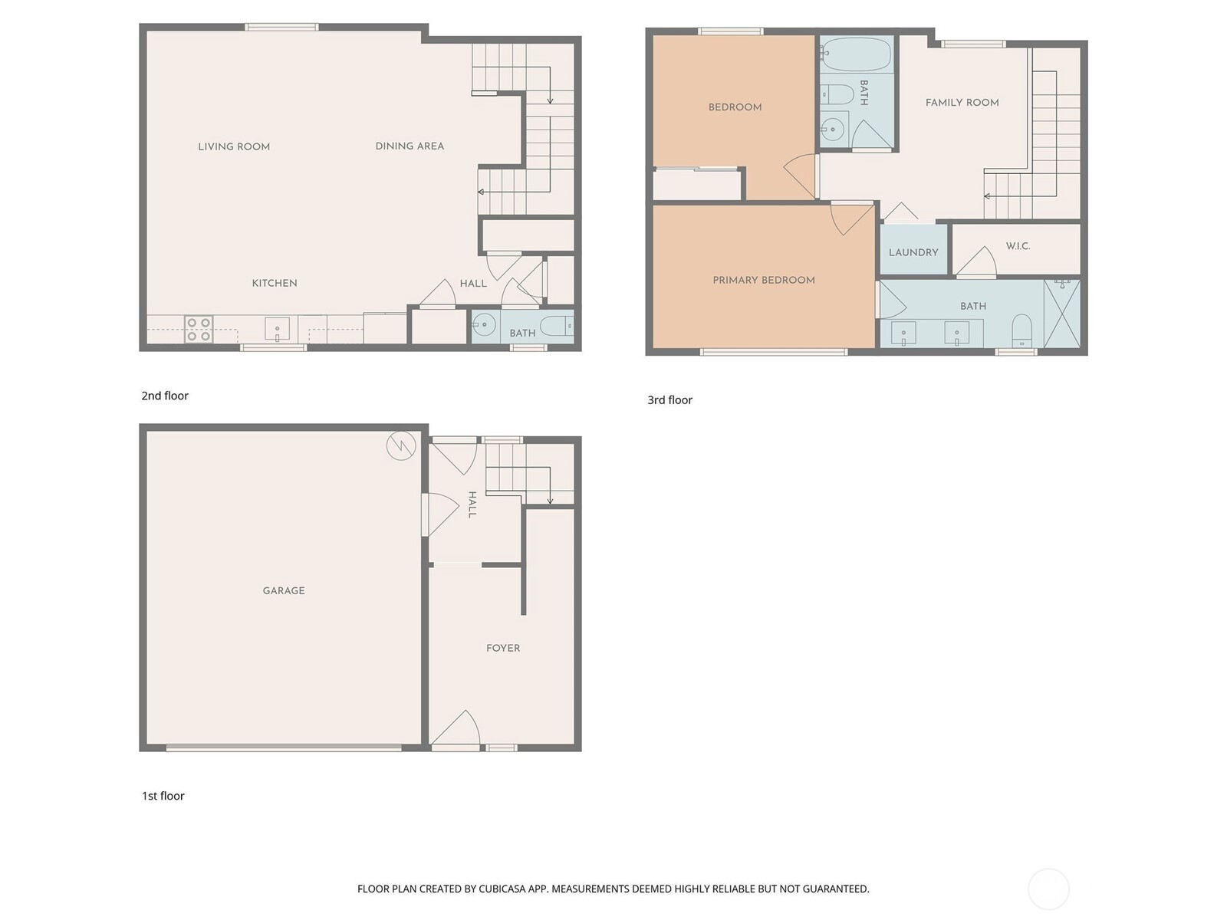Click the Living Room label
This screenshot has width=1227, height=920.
pos(234,146)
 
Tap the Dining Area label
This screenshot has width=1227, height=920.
pos(410,146)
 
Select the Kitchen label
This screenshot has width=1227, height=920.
pos(275,283)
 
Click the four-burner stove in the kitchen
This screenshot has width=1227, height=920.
pos(199,329)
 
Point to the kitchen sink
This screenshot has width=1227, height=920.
pos(277,329)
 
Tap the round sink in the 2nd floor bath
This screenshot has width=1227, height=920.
pos(484,324)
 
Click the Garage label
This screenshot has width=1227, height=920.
pos(284,590)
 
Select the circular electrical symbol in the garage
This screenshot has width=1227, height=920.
pos(401,445)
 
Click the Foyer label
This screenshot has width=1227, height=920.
pos(502,648)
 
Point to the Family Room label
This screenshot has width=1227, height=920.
pos(962,102)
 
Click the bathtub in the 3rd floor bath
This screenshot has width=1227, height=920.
pos(856,54)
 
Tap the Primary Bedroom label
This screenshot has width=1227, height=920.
pos(764,280)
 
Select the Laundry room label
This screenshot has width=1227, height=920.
pos(913,252)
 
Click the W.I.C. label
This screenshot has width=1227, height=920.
pos(1018,246)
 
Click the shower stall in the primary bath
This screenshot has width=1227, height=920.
pos(1062,314)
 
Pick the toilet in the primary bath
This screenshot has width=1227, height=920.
pos(1021,330)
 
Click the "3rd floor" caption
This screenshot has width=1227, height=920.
pos(669,400)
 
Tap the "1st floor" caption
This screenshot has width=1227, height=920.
pos(163,796)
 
